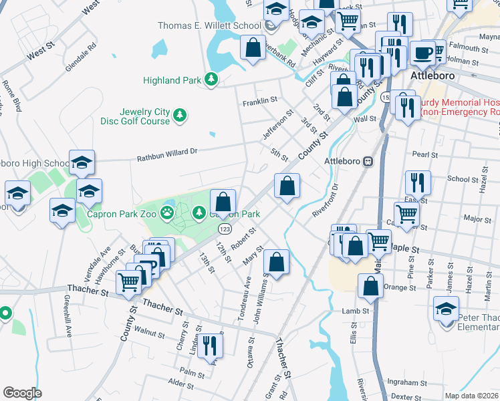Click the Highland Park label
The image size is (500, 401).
click(x=172, y=80)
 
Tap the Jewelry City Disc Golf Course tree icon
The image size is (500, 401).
click(x=180, y=116)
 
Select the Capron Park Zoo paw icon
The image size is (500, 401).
click(x=166, y=214)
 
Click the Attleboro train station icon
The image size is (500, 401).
click(x=368, y=161)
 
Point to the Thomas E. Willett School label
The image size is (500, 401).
click(x=209, y=26)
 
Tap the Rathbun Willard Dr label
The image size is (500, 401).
click(x=167, y=156)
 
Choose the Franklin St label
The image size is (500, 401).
click(x=259, y=100)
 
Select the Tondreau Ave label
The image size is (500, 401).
click(x=245, y=299)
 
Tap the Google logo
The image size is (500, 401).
click(x=22, y=392)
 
